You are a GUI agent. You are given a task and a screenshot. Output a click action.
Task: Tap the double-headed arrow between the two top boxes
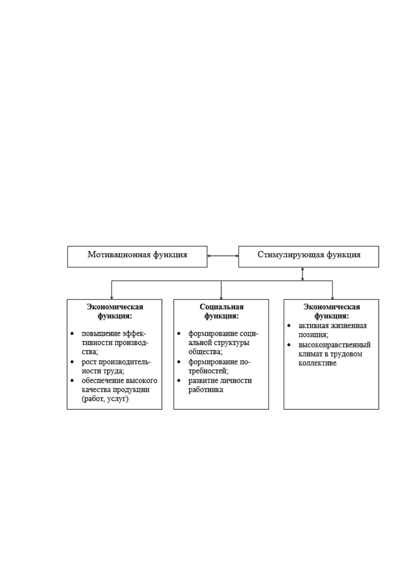tap(223, 256)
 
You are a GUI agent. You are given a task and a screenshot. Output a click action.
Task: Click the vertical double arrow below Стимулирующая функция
tap(302, 274)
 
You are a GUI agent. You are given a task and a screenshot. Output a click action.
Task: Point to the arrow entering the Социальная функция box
tap(221, 290)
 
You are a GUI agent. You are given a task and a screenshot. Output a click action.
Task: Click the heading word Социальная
tap(221, 307)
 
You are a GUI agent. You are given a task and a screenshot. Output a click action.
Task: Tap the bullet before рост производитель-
tap(72, 362)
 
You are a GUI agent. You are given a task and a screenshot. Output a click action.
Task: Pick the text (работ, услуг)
tap(105, 399)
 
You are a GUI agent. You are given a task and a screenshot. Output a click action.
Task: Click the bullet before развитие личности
tap(179, 380)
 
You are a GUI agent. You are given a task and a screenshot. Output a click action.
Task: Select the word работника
tap(206, 390)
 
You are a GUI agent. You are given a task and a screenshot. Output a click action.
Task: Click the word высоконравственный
tap(335, 345)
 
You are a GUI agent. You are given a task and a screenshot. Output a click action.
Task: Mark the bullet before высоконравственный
tap(289, 345)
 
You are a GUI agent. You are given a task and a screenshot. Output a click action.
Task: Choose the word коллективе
tap(318, 363)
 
